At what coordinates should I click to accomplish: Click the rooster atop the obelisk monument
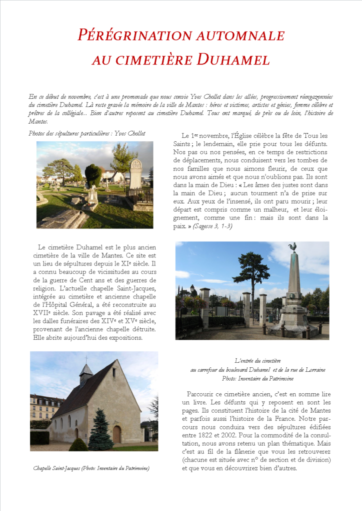[x=292, y=247]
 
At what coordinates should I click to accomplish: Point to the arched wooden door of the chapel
[x=116, y=435]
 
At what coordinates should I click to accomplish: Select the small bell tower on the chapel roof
[x=86, y=372]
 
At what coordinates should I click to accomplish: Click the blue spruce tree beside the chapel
[x=100, y=430]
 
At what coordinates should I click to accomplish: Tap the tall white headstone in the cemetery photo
[x=135, y=175]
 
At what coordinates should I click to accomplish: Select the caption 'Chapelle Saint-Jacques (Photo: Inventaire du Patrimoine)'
[x=92, y=468]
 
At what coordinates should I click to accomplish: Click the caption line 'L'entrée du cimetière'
[x=257, y=360]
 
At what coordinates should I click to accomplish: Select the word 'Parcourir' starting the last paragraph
[x=202, y=394]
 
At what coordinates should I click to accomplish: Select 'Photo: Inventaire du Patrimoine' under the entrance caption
[x=257, y=379]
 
